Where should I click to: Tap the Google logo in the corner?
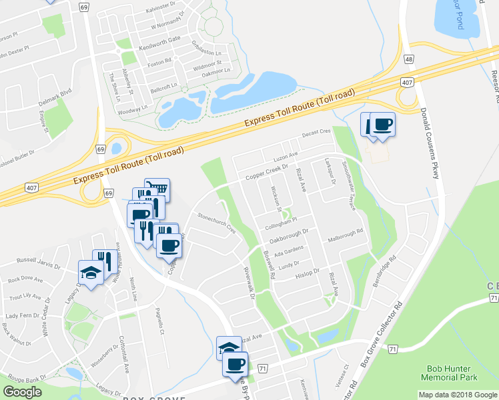(x=23, y=392)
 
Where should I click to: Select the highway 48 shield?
(x=408, y=59)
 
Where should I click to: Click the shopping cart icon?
(x=157, y=189)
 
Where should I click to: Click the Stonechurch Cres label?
(x=217, y=223)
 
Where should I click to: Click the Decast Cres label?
(x=316, y=133)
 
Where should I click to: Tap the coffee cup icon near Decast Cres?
(x=382, y=124)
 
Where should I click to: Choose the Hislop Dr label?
(x=308, y=273)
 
